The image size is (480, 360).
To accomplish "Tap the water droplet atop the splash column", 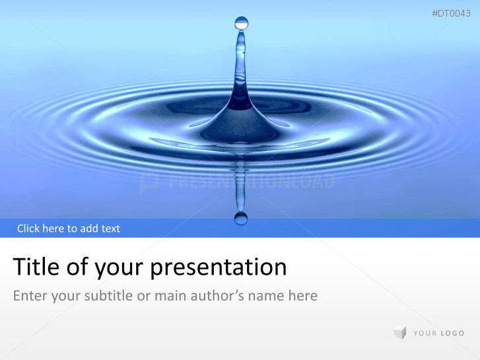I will [x=242, y=23].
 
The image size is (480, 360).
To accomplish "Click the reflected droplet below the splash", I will [x=241, y=217].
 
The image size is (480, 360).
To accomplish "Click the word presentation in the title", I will [x=219, y=268].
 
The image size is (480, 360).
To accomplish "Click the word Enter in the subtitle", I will [x=29, y=295].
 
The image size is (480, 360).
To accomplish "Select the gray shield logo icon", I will [x=399, y=333].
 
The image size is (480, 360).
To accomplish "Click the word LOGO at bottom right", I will [x=452, y=334].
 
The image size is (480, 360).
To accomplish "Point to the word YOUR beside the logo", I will [x=425, y=334].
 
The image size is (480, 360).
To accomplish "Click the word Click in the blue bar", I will [x=28, y=229].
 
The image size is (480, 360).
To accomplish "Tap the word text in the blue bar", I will [x=110, y=229].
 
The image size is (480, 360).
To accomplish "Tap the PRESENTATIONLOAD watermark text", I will [x=251, y=182].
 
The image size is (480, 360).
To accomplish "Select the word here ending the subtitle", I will [x=303, y=295].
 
